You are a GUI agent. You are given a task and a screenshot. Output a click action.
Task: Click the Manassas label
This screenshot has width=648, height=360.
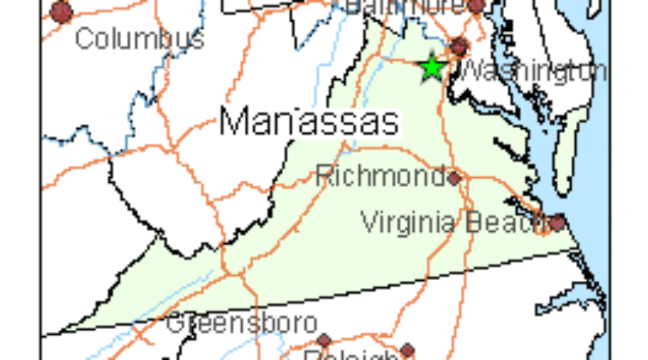309,122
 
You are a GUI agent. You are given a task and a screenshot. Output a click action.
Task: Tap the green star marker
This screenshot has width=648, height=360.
432,68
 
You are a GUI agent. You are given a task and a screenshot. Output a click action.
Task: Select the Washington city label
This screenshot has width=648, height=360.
533,71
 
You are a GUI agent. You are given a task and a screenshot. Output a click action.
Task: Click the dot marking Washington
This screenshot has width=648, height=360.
459,48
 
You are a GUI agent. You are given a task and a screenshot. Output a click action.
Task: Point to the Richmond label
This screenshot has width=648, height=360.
380,175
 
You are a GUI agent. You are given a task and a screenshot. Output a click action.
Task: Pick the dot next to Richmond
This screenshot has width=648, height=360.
454,177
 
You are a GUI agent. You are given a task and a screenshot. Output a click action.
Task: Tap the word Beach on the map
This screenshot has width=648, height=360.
508,222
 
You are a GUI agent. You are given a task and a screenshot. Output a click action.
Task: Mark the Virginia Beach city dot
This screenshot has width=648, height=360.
557,222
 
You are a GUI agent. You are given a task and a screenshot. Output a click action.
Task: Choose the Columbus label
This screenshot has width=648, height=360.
139,38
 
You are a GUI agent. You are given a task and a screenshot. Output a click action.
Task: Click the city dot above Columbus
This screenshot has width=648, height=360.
62,12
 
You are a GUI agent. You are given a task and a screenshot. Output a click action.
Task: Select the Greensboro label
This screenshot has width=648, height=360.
242,323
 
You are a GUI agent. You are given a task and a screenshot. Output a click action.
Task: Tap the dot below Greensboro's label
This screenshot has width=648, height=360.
323,340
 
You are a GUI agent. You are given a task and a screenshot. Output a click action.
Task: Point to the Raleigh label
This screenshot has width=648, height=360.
350,356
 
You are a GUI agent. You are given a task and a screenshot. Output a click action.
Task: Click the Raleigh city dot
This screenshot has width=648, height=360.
408,351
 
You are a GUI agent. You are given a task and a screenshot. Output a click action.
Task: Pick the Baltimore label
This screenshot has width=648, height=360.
403,6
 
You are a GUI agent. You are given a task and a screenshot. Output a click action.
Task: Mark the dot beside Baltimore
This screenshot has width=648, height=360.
476,6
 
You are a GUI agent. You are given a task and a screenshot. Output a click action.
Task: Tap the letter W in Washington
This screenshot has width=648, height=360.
472,71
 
